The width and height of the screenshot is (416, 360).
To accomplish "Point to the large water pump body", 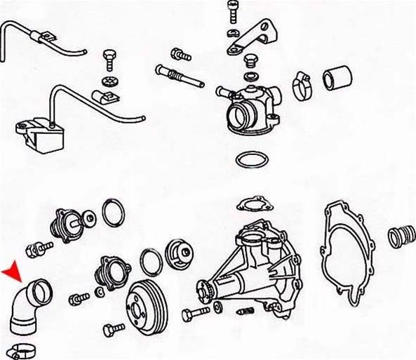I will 253,263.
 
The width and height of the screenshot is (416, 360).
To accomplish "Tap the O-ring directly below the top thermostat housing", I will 250,160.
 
